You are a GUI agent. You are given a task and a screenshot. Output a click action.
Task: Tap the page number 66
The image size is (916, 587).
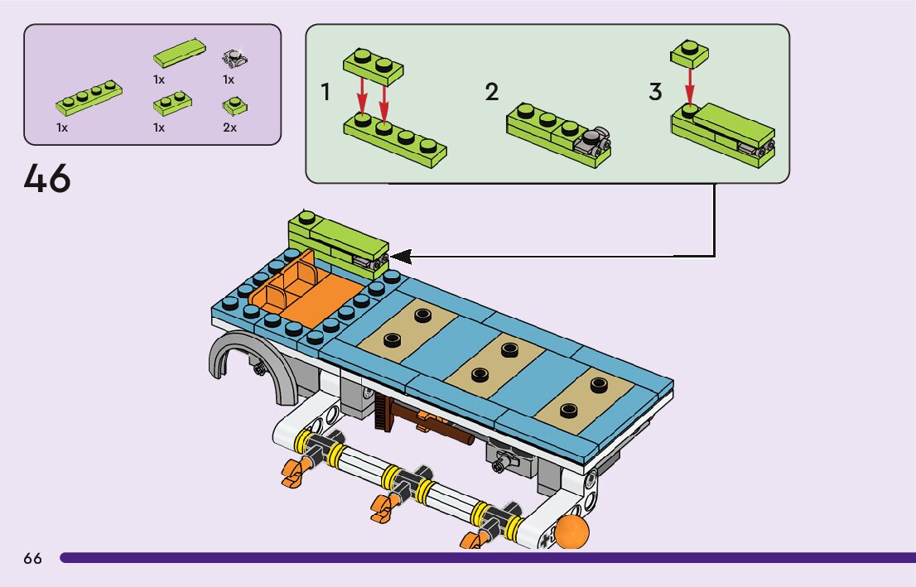[x=32, y=559]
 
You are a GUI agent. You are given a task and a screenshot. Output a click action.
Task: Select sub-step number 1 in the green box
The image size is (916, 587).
[x=325, y=93]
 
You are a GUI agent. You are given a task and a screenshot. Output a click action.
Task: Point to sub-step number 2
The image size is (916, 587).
[x=492, y=93]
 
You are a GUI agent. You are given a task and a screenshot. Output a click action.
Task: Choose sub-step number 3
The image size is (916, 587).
[x=655, y=93]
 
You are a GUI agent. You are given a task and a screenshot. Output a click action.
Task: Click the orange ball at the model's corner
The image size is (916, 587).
[x=571, y=532]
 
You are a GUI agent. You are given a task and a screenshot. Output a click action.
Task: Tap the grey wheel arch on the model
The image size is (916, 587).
[x=237, y=356]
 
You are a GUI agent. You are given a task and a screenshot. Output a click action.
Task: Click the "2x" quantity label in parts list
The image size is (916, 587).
[x=229, y=128]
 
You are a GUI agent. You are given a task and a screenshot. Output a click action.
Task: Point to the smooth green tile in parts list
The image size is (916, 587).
[x=179, y=53]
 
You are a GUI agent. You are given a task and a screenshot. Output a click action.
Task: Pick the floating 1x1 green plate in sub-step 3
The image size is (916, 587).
[x=688, y=53]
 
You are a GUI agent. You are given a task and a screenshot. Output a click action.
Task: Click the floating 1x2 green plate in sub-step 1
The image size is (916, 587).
[x=372, y=65]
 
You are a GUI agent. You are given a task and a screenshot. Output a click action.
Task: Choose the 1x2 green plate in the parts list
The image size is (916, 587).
[x=172, y=103]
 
